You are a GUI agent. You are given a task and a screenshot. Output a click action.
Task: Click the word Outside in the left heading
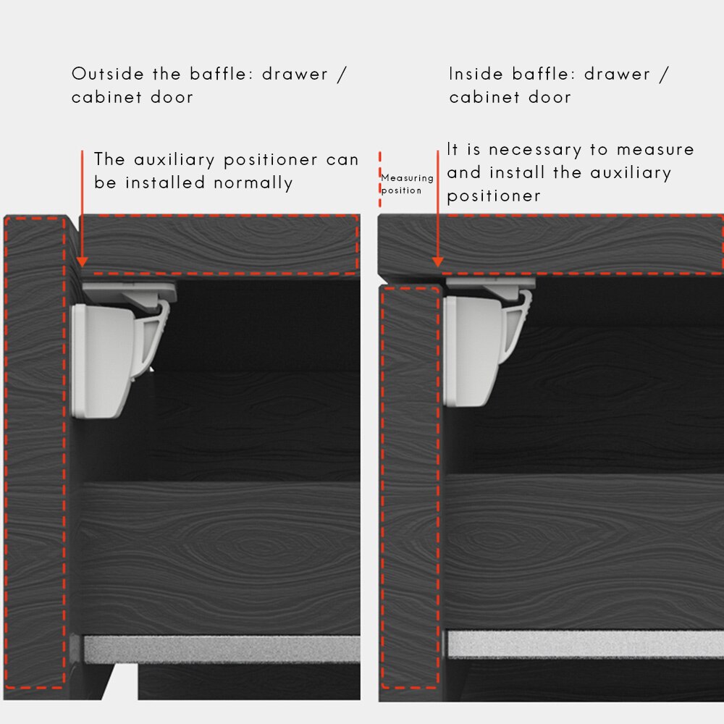point(108,74)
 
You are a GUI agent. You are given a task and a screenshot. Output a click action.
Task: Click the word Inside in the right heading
point(476,74)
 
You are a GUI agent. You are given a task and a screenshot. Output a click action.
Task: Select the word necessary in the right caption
point(535,150)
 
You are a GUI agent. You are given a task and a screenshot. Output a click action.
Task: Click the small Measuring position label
point(407,184)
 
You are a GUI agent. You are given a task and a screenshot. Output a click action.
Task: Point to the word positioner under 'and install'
point(494,196)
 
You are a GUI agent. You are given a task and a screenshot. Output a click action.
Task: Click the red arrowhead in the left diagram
point(83,262)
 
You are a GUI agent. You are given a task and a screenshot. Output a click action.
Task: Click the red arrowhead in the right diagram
point(438,262)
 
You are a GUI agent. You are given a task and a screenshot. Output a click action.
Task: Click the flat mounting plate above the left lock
point(130,291)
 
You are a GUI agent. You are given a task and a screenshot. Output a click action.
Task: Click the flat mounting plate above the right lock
point(490,283)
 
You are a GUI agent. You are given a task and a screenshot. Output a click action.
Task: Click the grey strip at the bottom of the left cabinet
point(222,649)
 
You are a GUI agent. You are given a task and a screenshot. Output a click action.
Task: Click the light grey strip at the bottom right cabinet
point(585,644)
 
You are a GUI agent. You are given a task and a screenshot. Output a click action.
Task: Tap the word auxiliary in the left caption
point(174,160)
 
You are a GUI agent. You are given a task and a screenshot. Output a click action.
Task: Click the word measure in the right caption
point(655,150)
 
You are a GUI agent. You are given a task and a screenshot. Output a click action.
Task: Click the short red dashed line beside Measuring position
point(380,179)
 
